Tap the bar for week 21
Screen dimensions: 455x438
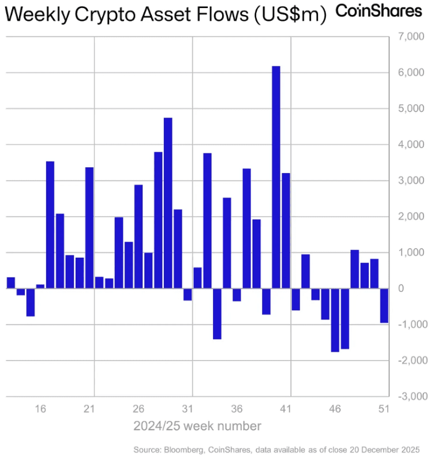(89, 228)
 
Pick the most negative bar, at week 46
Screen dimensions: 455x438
(335, 320)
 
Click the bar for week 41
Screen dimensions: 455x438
(286, 231)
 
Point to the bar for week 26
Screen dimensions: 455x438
(138, 236)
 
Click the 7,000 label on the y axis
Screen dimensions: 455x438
(411, 37)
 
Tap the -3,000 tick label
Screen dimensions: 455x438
(410, 397)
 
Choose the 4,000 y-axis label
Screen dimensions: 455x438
(411, 145)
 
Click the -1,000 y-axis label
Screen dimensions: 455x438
(410, 325)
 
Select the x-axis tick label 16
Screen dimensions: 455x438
(40, 409)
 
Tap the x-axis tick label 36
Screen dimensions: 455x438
(237, 409)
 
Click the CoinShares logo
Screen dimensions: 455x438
(379, 11)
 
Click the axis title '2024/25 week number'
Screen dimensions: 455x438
(197, 427)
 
